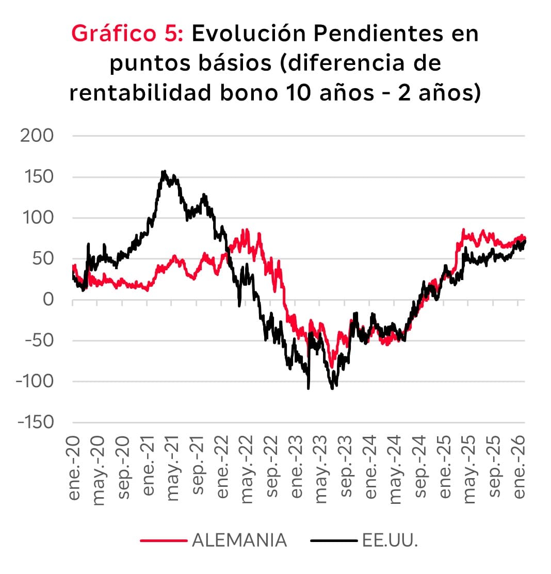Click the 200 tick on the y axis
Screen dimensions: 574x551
point(36,136)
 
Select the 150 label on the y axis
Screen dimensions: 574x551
point(37,177)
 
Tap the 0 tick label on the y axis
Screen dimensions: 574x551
point(47,300)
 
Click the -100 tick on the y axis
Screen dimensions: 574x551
point(35,381)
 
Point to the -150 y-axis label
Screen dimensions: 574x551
point(35,422)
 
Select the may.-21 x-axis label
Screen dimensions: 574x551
point(173,467)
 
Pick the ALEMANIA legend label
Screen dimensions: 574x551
point(239,540)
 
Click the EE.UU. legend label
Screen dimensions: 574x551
point(390,540)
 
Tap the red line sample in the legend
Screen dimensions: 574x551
point(163,541)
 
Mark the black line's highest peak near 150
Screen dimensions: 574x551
point(164,172)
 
